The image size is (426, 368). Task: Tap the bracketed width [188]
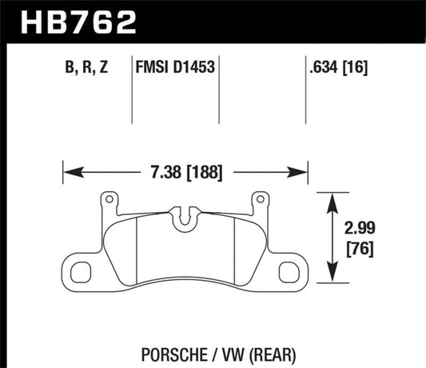[205, 171]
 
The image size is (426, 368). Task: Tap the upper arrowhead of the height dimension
[332, 198]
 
